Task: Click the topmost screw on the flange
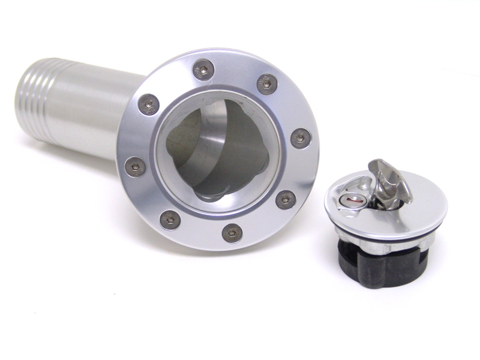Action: coord(204,70)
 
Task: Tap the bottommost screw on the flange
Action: coord(232,233)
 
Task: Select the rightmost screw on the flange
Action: coord(301,139)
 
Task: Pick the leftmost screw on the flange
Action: coord(135,166)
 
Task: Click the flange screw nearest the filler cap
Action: coord(286,199)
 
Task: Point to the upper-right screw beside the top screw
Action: coord(267,83)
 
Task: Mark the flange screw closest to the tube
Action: coord(148,104)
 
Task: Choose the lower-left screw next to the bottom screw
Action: coord(170,219)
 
